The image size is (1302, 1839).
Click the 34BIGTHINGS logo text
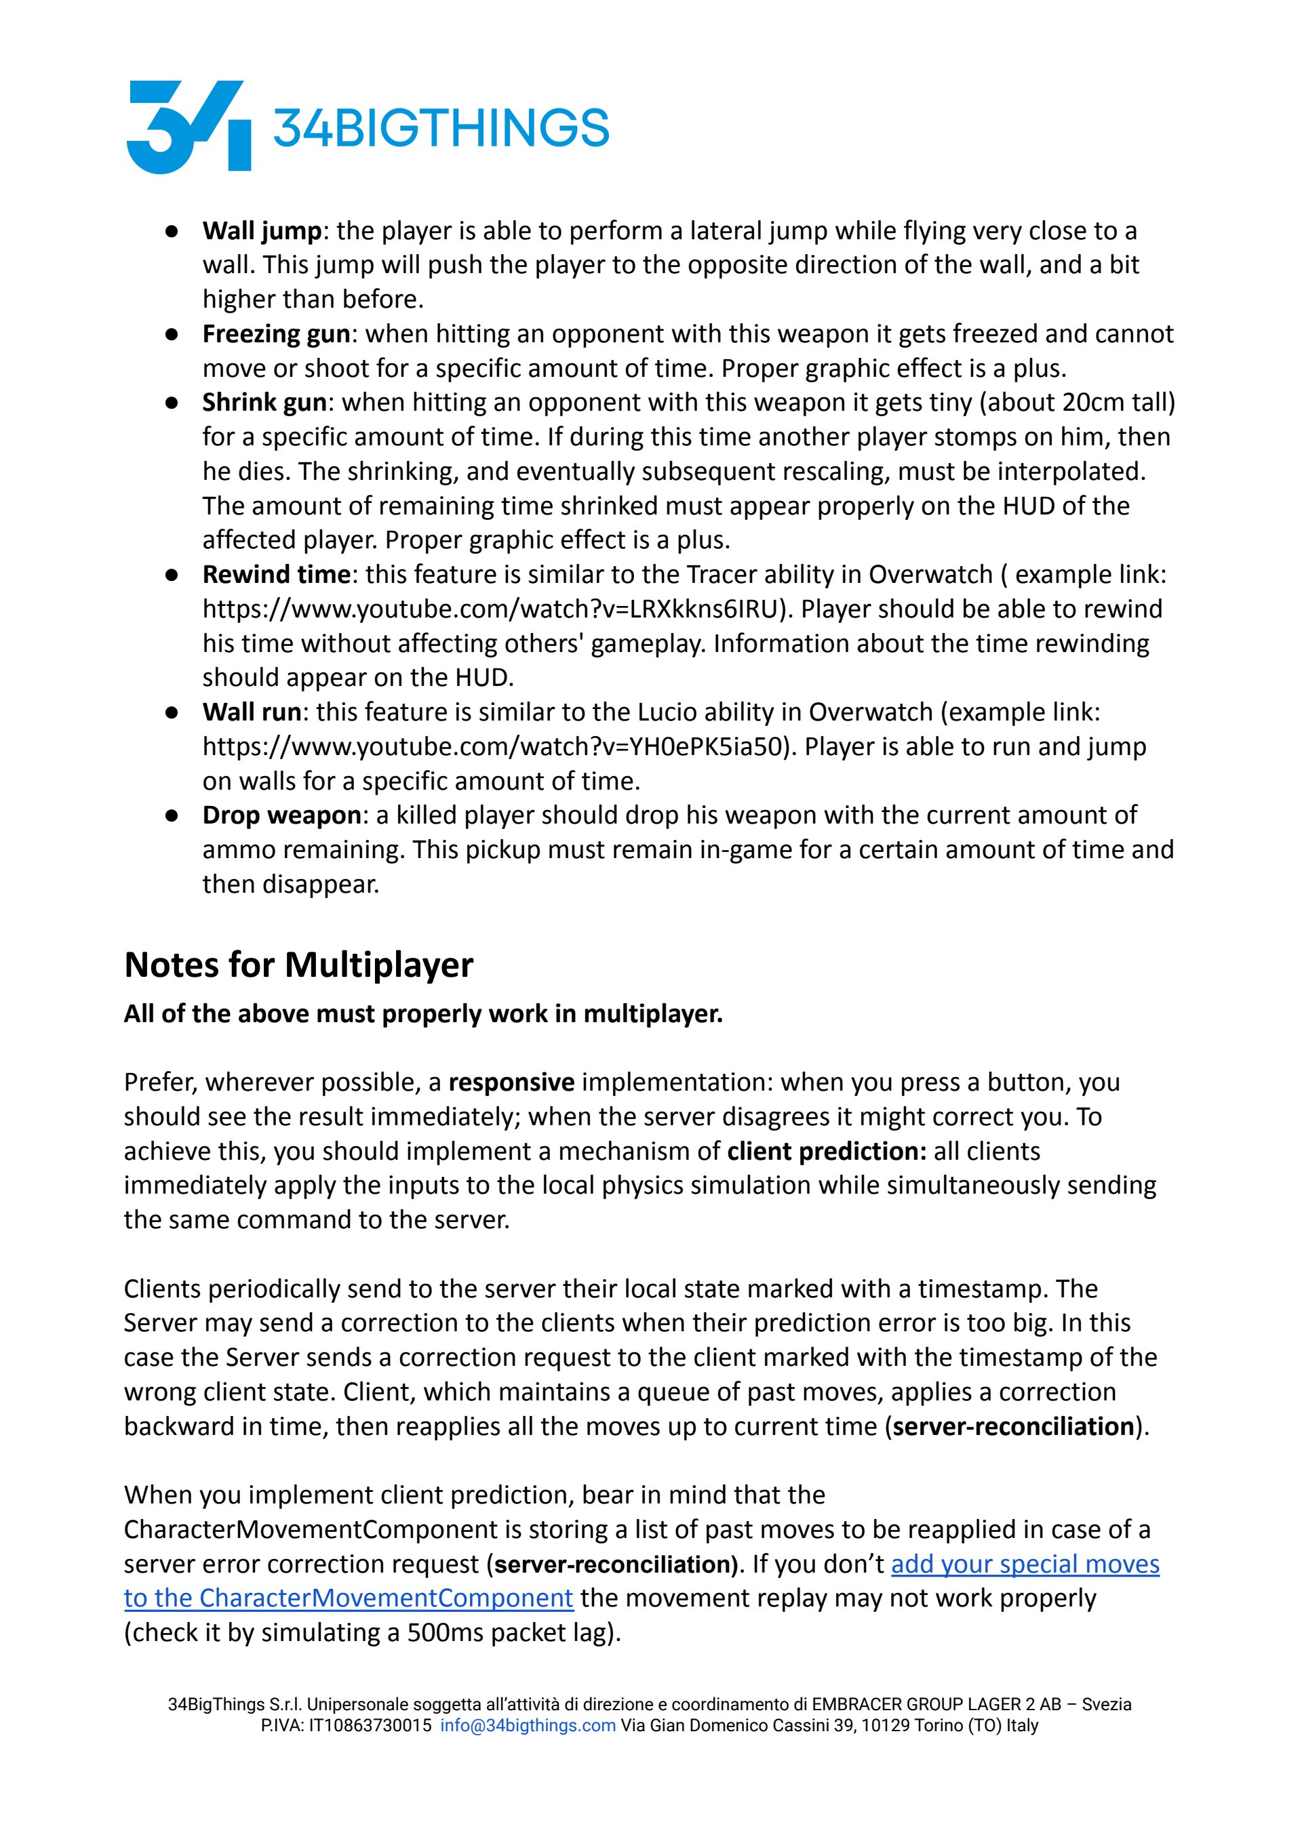[441, 128]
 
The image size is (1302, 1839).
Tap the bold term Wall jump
[261, 230]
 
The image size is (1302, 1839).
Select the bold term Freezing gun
[276, 334]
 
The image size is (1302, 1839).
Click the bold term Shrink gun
[264, 401]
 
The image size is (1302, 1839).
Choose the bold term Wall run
[252, 712]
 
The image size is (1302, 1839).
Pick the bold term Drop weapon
[281, 814]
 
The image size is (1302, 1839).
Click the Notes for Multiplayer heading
[298, 964]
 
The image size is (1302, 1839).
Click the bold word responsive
[511, 1082]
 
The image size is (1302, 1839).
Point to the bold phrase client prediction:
[827, 1151]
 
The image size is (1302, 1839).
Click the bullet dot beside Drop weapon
[172, 815]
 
